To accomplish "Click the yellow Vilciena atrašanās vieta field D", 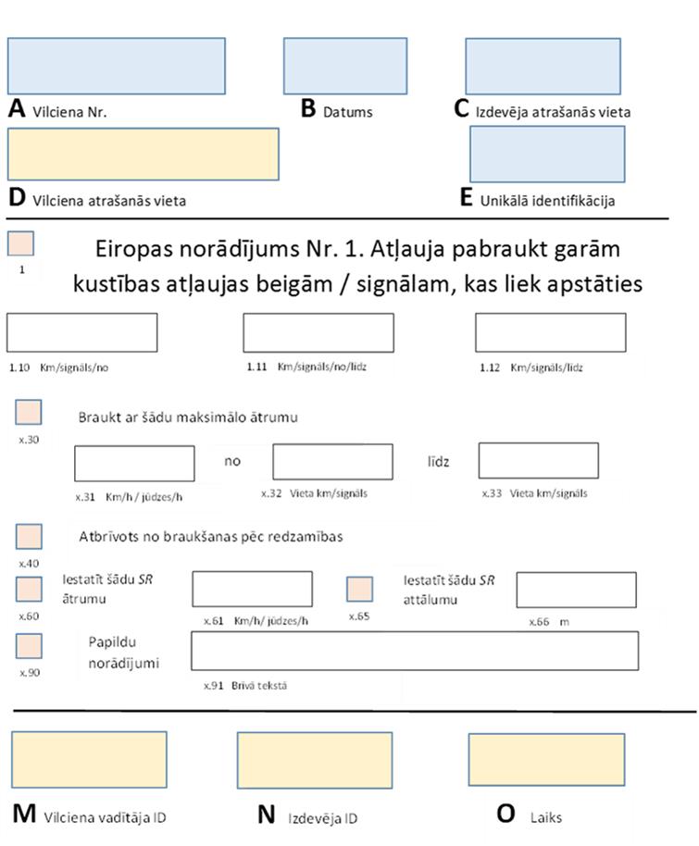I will tap(143, 154).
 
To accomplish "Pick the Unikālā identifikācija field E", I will tap(547, 154).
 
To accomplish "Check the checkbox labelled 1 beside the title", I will tap(20, 243).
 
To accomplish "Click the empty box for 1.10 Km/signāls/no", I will tap(81, 332).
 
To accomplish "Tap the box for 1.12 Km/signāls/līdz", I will tap(550, 332).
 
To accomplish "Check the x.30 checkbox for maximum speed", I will tap(29, 413).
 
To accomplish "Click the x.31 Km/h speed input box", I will tap(134, 463).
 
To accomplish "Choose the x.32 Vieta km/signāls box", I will tap(332, 462).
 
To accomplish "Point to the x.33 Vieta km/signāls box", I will tap(538, 461).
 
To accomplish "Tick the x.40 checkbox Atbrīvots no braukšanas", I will tap(30, 537).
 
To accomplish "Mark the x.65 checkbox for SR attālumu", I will tap(359, 590).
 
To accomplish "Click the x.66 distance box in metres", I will tap(576, 590).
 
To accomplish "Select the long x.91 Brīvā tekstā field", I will tap(415, 651).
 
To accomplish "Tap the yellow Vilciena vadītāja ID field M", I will tap(89, 760).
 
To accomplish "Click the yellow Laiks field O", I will tap(546, 760).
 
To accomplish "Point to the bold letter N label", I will tap(267, 815).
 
